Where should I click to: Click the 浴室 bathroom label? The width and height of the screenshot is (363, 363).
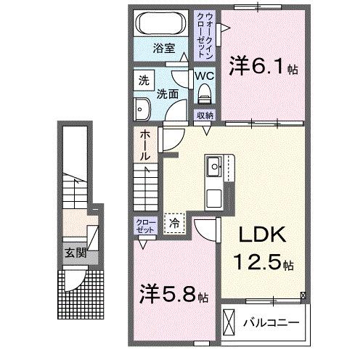coord(163,49)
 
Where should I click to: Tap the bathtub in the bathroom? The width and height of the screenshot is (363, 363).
coord(164,23)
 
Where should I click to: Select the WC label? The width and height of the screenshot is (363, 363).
coord(203,75)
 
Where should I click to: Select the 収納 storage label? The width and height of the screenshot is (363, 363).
coord(204,115)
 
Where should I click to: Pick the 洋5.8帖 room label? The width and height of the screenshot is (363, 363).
coord(174,296)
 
